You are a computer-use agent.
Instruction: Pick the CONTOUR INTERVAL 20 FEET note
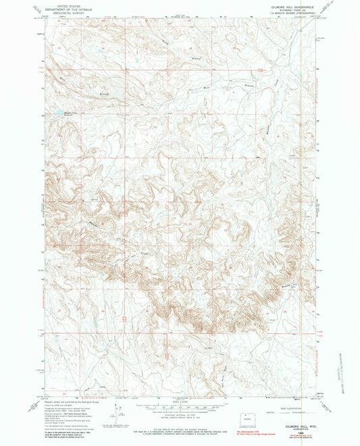179,413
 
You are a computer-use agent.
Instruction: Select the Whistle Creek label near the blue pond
71,113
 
